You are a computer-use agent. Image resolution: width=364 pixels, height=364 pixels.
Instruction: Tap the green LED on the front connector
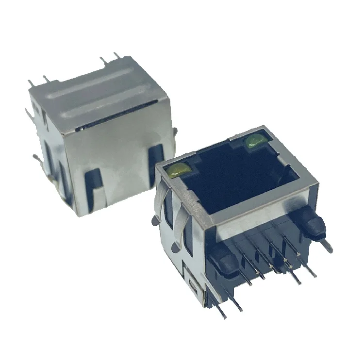(x=254, y=141)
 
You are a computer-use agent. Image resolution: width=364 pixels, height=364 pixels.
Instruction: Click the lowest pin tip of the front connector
(x=224, y=315)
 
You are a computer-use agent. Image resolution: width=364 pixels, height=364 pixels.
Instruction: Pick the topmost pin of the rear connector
(x=116, y=55)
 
